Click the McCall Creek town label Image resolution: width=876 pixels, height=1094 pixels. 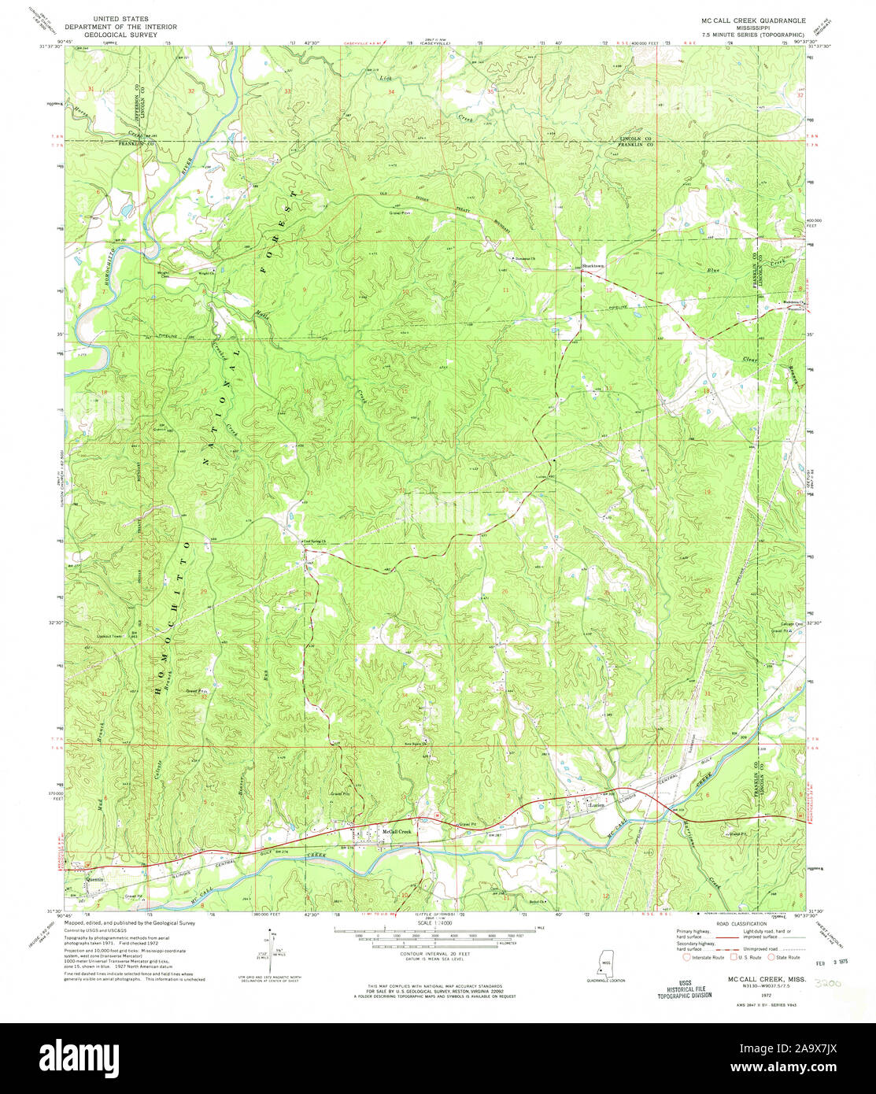pyautogui.click(x=397, y=831)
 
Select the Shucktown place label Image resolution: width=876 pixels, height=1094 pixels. pyautogui.click(x=596, y=265)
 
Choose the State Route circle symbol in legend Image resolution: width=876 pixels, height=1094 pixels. pyautogui.click(x=772, y=957)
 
